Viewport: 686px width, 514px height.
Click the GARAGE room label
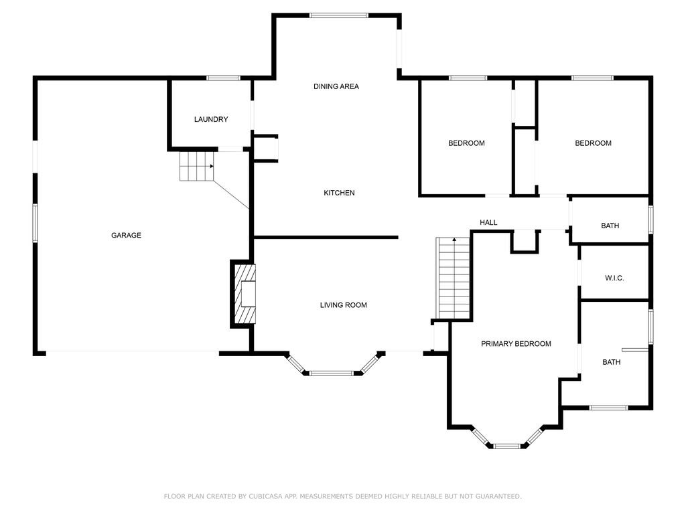click(126, 235)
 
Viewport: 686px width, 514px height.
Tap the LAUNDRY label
click(211, 119)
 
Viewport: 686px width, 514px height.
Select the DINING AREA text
click(336, 86)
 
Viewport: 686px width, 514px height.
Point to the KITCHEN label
click(339, 193)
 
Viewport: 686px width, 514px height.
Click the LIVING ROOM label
click(344, 305)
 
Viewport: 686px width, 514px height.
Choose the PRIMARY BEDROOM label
click(516, 344)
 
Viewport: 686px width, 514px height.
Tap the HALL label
click(488, 222)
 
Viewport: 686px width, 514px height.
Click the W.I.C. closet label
click(614, 278)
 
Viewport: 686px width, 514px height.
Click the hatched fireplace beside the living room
click(243, 294)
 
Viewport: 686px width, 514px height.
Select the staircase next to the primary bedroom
click(454, 278)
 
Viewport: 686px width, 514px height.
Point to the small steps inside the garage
click(196, 166)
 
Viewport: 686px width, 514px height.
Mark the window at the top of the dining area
click(338, 15)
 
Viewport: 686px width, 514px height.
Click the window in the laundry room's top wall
click(224, 78)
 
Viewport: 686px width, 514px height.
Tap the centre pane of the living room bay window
click(331, 373)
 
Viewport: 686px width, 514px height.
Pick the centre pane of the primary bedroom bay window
click(506, 446)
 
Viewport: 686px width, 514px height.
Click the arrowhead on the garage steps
click(212, 166)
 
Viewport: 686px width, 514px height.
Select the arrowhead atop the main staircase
click(455, 240)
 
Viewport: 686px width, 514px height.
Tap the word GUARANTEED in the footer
click(498, 496)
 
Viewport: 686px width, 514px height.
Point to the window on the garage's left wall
click(35, 223)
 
